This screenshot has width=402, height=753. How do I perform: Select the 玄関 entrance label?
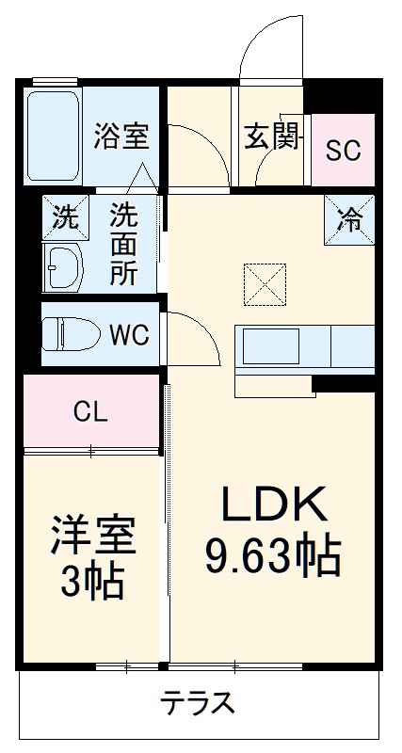click(272, 137)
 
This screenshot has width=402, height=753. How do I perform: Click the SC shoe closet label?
click(344, 151)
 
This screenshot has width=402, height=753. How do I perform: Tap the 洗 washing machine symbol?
click(64, 218)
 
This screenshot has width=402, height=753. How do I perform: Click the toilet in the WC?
click(72, 334)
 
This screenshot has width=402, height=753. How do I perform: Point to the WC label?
click(129, 335)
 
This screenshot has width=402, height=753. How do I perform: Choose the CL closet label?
click(90, 411)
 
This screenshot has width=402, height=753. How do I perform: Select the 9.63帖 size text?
click(273, 558)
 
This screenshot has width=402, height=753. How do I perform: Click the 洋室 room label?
click(93, 537)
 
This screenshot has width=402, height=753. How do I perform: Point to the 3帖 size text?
click(93, 584)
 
